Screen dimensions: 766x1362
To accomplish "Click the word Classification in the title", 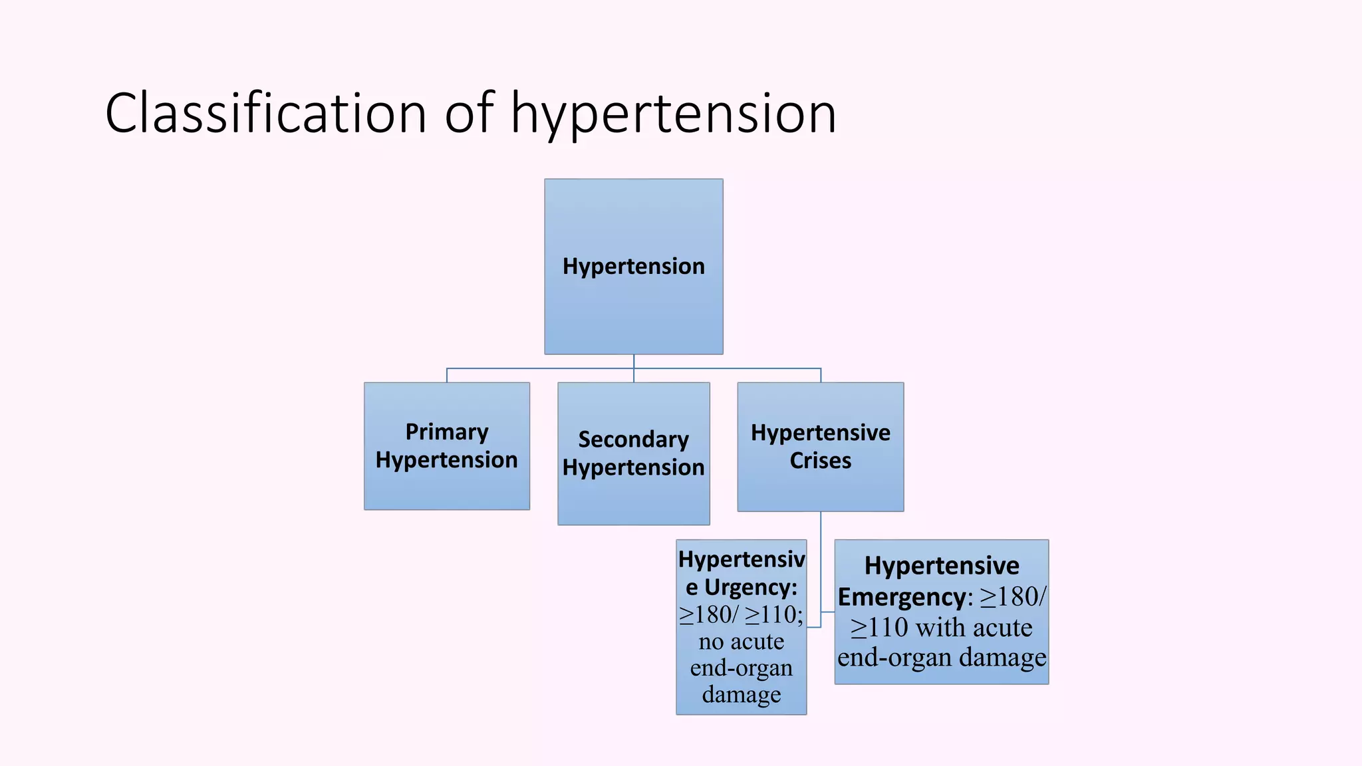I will [x=265, y=113].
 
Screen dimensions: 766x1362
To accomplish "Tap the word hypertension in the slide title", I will [x=673, y=114].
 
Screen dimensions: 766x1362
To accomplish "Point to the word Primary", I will [x=446, y=432].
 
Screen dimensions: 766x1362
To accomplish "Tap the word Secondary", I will [x=633, y=440].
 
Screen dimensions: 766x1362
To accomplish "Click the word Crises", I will [x=820, y=461].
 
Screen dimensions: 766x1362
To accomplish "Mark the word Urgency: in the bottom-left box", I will [x=750, y=588].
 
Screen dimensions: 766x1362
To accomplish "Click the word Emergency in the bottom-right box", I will [x=900, y=597].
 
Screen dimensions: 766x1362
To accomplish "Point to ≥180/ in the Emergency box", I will [x=1013, y=596].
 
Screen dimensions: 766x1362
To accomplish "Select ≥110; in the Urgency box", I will [x=774, y=614].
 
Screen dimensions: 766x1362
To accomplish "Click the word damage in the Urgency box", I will [x=741, y=695].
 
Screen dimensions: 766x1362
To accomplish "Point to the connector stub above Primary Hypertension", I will [x=447, y=375].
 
